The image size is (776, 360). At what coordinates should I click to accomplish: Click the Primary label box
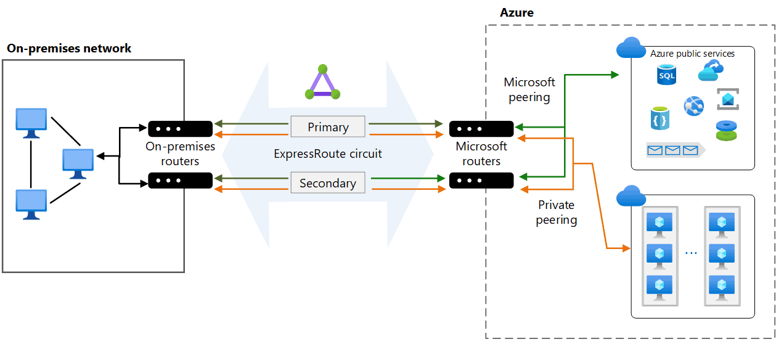coord(328,127)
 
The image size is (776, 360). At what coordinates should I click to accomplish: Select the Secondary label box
coord(328,183)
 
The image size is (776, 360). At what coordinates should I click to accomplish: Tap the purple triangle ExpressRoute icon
coord(322,83)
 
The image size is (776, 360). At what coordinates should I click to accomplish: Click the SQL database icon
coord(666,76)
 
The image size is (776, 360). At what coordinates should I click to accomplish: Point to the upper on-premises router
coord(180,128)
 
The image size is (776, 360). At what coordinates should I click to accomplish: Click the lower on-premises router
coord(180,181)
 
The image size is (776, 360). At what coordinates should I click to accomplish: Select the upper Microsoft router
coord(481,129)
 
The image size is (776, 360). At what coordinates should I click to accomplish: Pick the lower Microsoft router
coord(481,181)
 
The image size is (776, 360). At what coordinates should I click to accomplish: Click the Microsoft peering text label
coord(529,89)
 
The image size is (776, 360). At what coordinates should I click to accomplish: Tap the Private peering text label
coord(557,212)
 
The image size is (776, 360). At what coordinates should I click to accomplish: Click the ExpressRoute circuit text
coord(328,154)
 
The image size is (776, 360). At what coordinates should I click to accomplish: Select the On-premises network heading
coord(69,48)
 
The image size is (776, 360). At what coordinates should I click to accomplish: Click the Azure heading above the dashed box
coord(517,12)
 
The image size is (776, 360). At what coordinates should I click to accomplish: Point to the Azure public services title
coord(692,54)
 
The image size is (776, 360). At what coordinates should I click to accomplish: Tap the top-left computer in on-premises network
coord(31,122)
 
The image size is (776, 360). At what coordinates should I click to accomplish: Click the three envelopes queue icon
coord(672,149)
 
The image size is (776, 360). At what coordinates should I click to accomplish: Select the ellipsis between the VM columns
coord(691,253)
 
